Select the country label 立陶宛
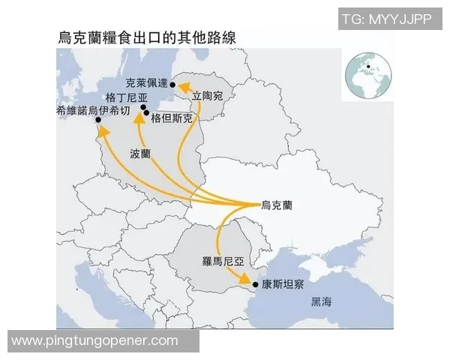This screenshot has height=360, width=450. tap(208, 95)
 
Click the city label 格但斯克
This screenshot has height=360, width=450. tap(172, 118)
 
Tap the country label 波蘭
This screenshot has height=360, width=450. tap(140, 153)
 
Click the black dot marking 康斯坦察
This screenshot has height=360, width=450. tap(256, 285)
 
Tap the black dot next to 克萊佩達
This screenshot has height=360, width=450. tap(173, 85)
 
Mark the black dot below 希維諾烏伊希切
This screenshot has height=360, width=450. tap(97, 120)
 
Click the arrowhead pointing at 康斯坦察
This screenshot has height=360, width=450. tap(244, 279)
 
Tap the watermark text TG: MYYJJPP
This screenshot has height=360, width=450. tap(386, 19)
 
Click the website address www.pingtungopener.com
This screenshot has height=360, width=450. tap(95, 340)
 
